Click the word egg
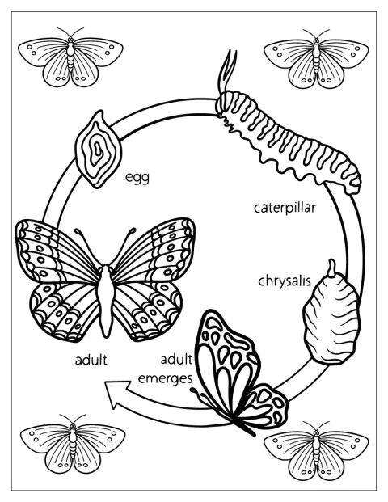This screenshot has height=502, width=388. coord(137,178)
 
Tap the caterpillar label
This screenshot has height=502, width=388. coord(285,209)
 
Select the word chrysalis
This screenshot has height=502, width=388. coord(285,281)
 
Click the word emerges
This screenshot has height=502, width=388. coord(165,378)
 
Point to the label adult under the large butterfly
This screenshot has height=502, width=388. coord(91,361)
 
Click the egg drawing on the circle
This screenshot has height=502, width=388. coord(98,150)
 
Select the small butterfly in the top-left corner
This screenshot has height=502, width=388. coord(70,57)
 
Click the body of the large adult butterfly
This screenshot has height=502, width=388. coord(106,297)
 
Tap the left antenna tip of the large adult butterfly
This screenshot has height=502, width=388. coord(77,230)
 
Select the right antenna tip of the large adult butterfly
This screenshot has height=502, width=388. coord(133,230)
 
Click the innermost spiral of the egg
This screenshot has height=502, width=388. coord(96,149)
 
